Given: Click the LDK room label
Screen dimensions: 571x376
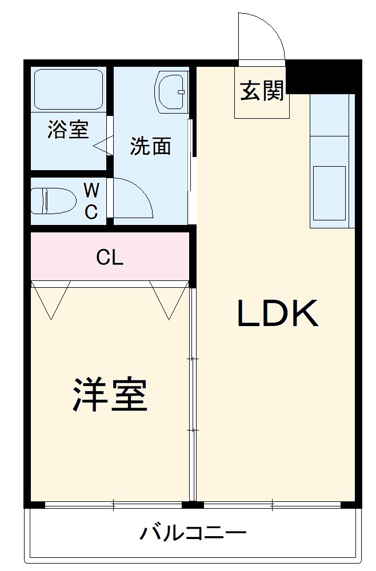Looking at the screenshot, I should pos(278,313).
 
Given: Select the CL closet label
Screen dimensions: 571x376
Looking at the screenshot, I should pos(109,258).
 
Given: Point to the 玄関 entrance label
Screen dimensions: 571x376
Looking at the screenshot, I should pos(262,91).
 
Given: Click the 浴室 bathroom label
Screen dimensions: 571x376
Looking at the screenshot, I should pos(68,130).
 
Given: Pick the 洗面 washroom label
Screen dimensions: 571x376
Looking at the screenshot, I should pos(150,146).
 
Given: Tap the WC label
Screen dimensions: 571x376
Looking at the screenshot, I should pos(91,201).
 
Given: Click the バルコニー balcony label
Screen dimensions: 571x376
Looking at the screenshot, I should pos(193,534).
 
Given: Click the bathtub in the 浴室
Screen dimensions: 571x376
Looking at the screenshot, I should pos(68,89).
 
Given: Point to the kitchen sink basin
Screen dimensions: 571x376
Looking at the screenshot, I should pos(329,193).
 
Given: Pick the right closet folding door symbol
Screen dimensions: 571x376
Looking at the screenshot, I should pos(169,300).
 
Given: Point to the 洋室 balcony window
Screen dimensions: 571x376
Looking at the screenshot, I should pos(113,505).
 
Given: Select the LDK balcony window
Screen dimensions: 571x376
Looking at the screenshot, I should pos(272,505).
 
